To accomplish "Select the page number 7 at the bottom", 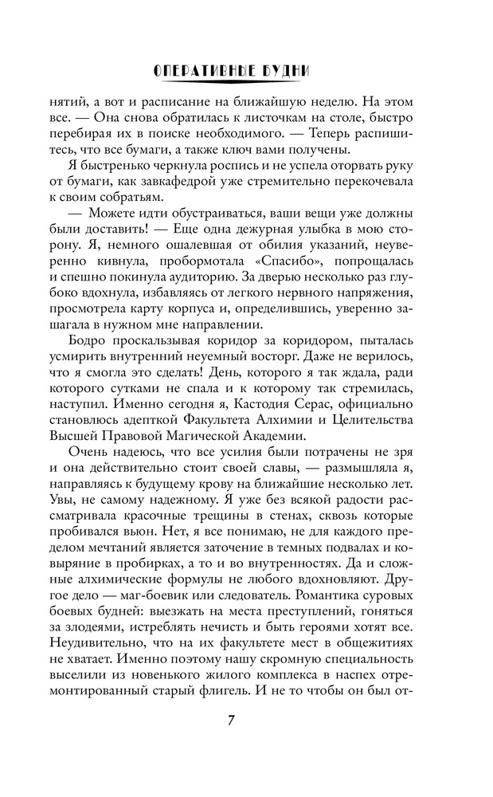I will [230, 720].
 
